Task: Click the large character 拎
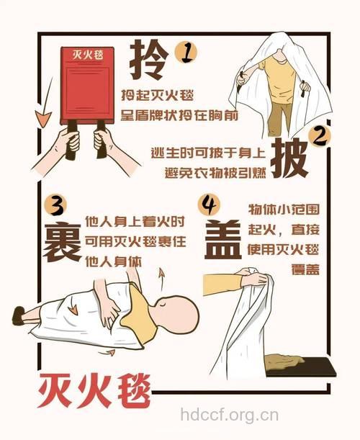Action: click(150, 60)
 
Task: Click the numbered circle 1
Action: click(186, 51)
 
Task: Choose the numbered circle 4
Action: click(209, 205)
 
